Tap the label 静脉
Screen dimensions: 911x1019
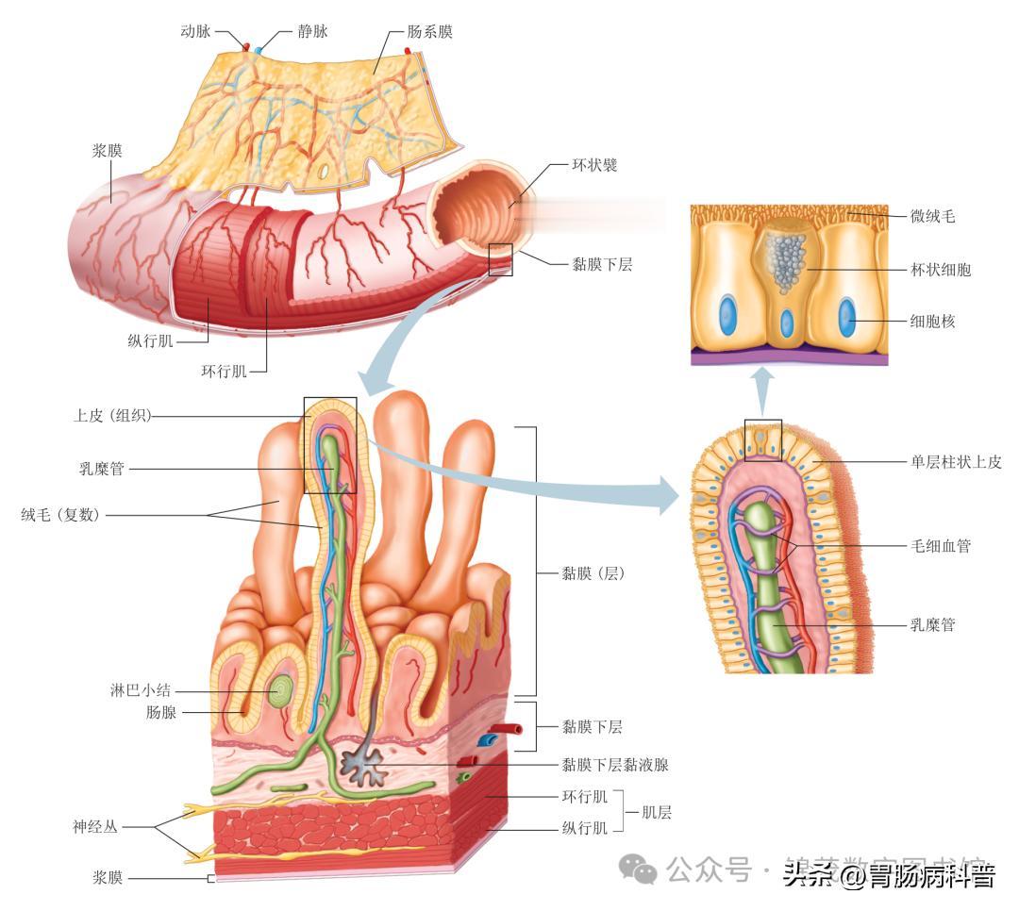312,32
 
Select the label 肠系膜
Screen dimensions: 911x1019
430,32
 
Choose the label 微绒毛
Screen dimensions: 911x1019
933,217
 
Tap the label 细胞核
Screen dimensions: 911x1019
933,322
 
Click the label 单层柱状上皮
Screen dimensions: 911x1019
956,461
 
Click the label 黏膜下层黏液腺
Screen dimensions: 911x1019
615,765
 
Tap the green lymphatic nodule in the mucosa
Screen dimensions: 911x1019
279,694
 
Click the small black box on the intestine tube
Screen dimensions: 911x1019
500,259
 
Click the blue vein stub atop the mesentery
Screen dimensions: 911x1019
258,47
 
